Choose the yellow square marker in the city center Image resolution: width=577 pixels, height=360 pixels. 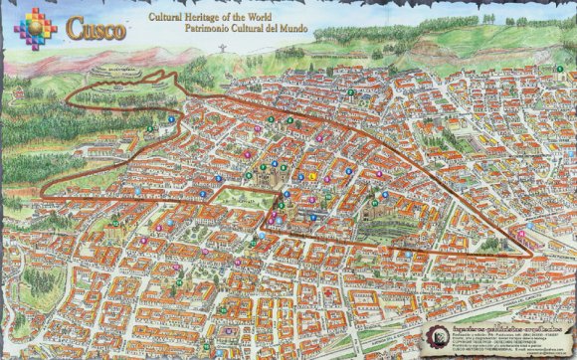tap(311, 176)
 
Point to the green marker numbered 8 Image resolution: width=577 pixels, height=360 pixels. tap(288, 120)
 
